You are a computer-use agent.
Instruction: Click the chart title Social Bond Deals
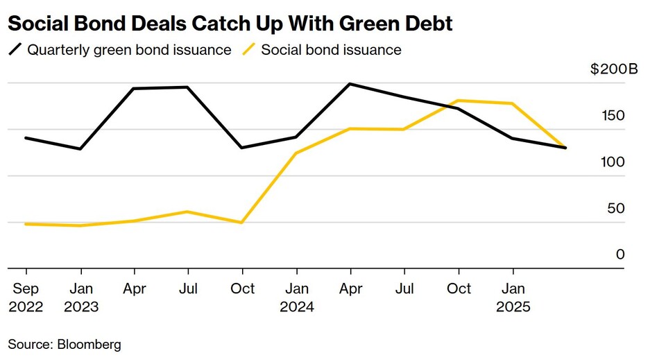tap(230, 24)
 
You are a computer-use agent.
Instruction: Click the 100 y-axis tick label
tap(613, 162)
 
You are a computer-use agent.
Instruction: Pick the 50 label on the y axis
tap(616, 209)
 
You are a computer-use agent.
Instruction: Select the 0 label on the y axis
tap(620, 255)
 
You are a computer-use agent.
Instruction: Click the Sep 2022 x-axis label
tap(26, 297)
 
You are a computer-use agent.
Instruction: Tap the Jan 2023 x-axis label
tap(81, 297)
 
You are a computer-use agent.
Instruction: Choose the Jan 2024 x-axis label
tap(297, 297)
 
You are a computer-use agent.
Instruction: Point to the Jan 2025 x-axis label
tap(513, 297)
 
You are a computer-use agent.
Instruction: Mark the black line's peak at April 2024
tap(350, 84)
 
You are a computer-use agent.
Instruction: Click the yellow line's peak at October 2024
tap(459, 101)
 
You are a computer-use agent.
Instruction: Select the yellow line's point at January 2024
tap(296, 153)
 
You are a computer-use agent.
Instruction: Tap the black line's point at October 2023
tap(241, 148)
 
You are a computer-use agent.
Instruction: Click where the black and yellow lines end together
tap(566, 148)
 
